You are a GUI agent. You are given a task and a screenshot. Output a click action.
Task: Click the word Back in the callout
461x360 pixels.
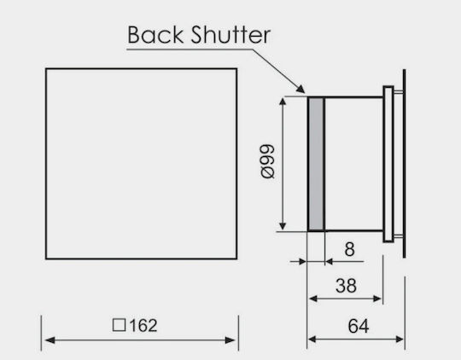tap(155, 35)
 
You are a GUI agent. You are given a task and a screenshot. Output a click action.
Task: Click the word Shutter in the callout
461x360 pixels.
tap(230, 35)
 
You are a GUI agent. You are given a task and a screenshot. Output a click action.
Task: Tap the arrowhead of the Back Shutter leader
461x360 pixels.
tap(301, 89)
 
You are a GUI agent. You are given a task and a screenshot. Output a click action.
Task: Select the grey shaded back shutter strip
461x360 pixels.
tap(316, 164)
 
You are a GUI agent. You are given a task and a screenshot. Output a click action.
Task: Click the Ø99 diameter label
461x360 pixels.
tap(267, 161)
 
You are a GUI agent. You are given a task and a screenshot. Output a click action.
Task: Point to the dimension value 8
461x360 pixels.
tap(349, 249)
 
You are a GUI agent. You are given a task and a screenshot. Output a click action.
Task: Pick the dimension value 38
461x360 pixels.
tap(346, 285)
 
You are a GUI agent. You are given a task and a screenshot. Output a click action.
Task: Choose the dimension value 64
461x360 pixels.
tap(359, 326)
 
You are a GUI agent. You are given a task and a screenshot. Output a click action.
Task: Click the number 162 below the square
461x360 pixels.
tap(143, 326)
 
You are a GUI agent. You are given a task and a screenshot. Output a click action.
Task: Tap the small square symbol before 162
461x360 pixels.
tap(119, 325)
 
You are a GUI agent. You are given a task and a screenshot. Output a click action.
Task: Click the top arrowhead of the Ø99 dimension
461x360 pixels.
tap(283, 102)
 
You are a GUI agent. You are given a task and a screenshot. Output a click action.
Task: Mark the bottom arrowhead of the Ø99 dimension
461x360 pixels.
tap(283, 226)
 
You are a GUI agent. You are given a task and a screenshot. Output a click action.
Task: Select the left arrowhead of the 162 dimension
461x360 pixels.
tap(50, 340)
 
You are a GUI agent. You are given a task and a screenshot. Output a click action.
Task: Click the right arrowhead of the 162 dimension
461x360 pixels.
tap(230, 340)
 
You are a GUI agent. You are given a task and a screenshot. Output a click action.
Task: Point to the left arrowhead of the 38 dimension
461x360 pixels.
tap(313, 299)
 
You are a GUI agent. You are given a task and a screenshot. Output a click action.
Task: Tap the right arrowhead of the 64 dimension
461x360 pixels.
tap(400, 340)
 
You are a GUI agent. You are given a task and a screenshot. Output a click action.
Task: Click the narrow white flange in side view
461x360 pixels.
tap(388, 164)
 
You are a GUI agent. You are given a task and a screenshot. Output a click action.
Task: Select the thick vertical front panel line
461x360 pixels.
tap(405, 164)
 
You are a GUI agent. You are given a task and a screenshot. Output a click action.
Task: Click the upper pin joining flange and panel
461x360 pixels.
tap(398, 92)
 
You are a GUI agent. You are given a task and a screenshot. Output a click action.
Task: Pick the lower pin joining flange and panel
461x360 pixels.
tap(398, 236)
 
